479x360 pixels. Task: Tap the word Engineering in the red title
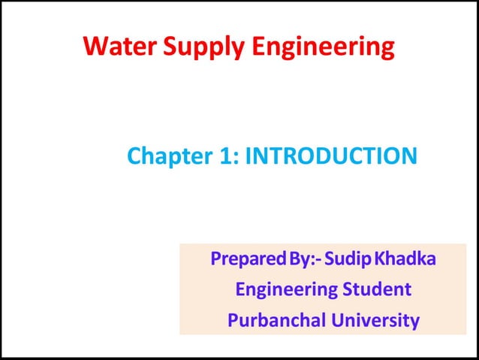click(322, 48)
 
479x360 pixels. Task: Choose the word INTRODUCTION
click(331, 156)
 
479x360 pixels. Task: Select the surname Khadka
click(405, 261)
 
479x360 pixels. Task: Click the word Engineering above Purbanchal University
click(282, 289)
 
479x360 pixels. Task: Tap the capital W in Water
click(95, 47)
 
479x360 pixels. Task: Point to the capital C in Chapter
click(134, 156)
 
